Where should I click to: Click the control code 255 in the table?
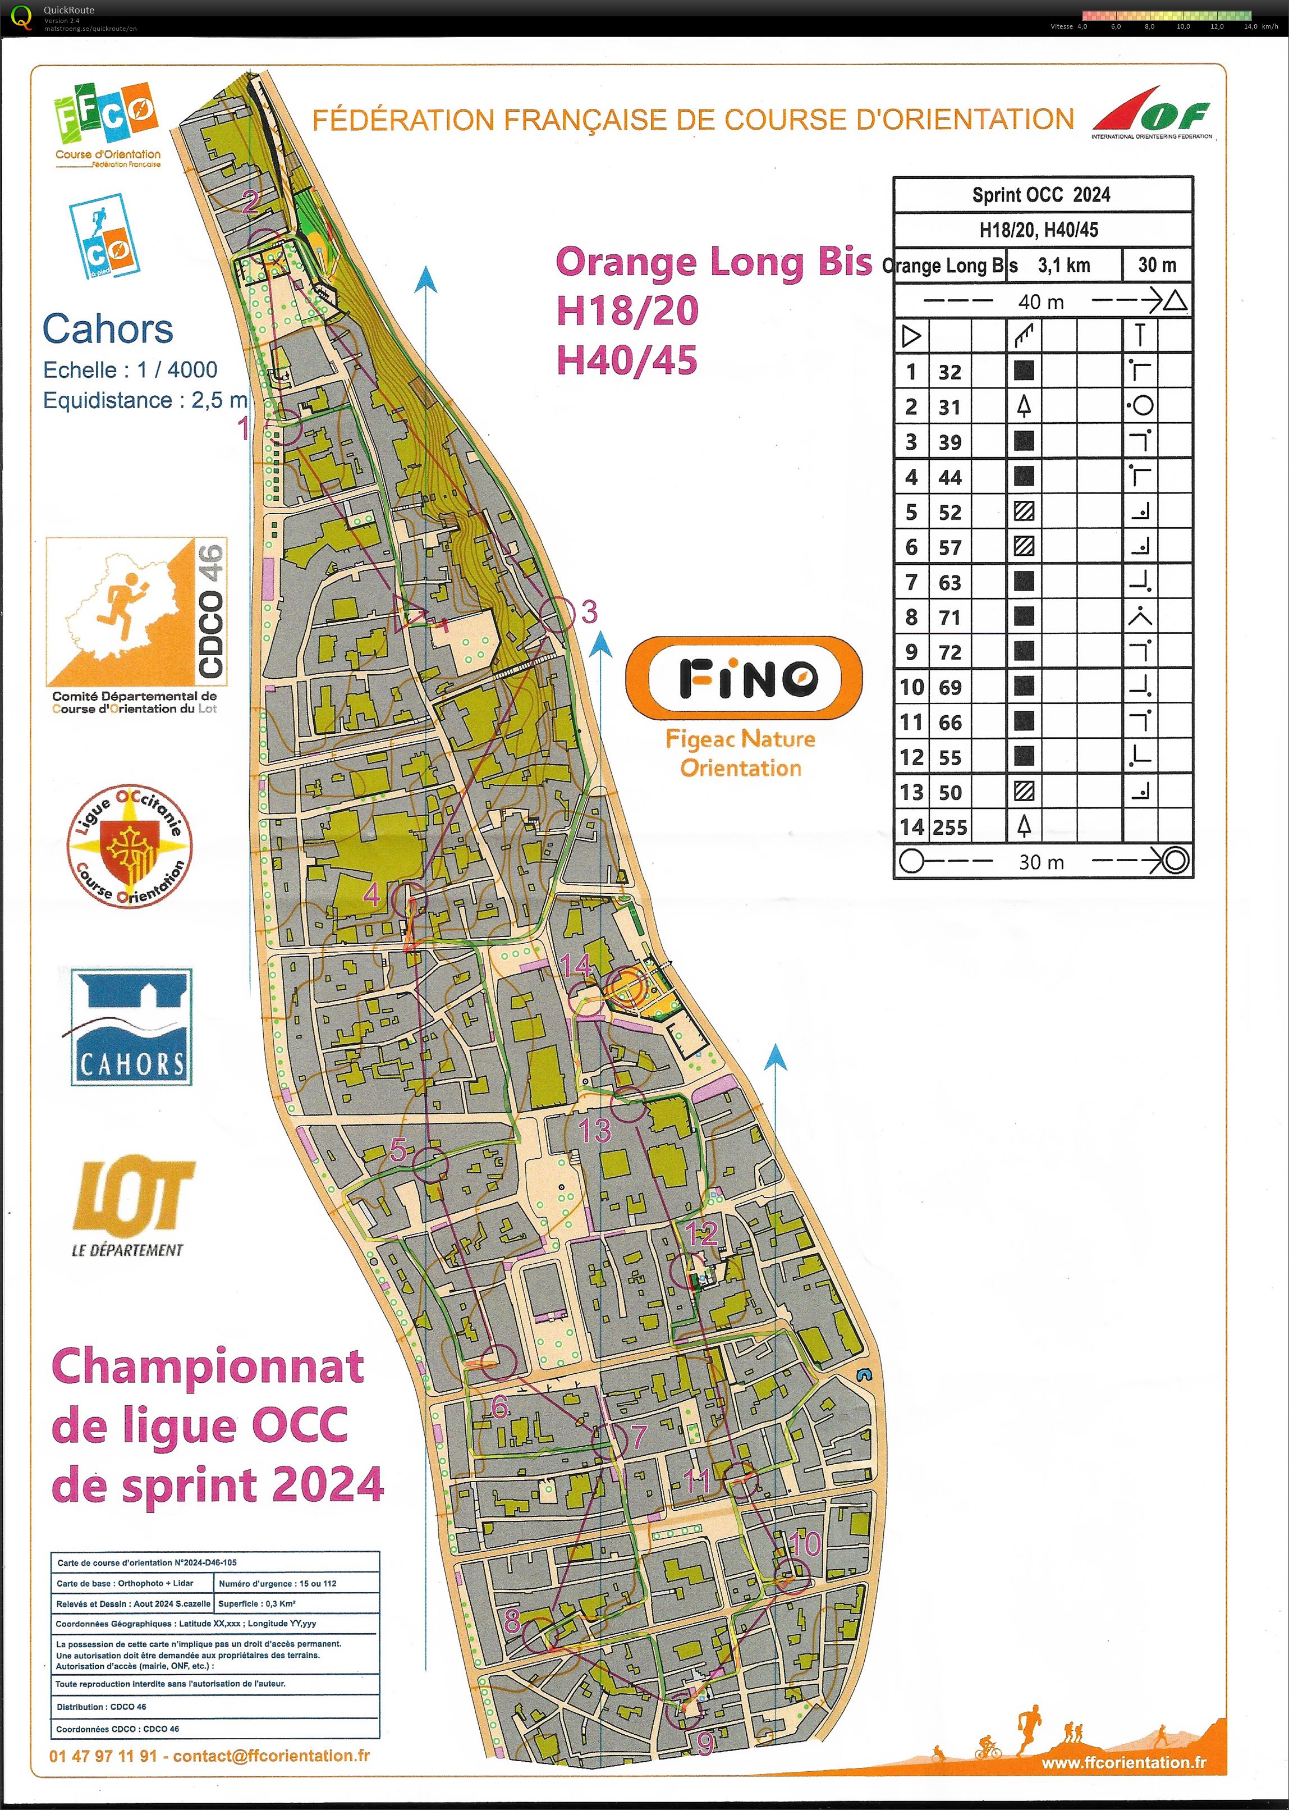click(950, 827)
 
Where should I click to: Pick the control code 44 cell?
click(950, 477)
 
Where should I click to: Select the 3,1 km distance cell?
click(1063, 265)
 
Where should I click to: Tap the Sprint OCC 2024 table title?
click(1042, 194)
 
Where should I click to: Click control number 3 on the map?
click(588, 611)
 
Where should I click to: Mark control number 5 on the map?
click(398, 1149)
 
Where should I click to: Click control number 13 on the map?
click(594, 1130)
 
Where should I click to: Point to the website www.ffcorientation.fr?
click(1122, 1762)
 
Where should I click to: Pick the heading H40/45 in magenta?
click(627, 360)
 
